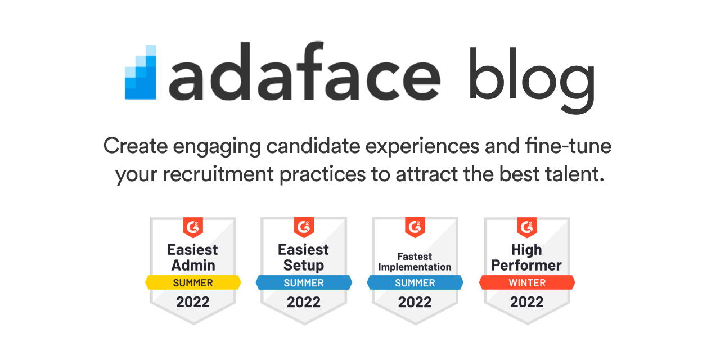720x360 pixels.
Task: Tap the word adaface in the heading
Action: pyautogui.click(x=304, y=73)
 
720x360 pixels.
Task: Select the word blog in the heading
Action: pyautogui.click(x=531, y=76)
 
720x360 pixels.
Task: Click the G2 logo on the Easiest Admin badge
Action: pyautogui.click(x=193, y=227)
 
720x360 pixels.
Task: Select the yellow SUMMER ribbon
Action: pyautogui.click(x=193, y=282)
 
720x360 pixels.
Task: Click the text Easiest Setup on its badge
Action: pyautogui.click(x=304, y=257)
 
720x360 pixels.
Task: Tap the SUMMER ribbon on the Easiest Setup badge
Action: pyautogui.click(x=304, y=282)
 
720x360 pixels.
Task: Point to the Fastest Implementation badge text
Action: pyautogui.click(x=415, y=262)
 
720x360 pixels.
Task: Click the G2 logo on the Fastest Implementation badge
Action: pyautogui.click(x=415, y=227)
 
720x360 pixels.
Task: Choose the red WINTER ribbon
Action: pyautogui.click(x=527, y=282)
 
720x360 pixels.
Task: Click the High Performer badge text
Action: pyautogui.click(x=527, y=257)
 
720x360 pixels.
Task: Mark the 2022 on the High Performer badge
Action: pyautogui.click(x=527, y=302)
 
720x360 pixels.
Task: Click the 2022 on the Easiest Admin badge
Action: pyautogui.click(x=193, y=302)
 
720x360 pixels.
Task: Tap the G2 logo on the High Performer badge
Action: pyautogui.click(x=527, y=227)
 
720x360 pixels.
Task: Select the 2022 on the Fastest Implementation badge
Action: pyautogui.click(x=415, y=302)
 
